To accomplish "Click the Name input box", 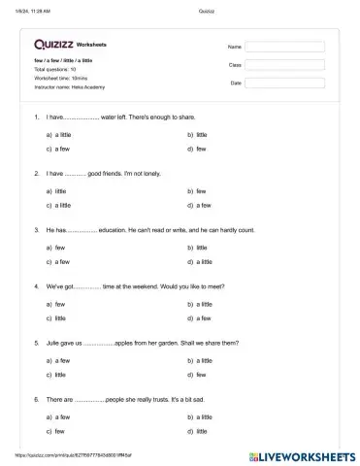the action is click(x=284, y=46).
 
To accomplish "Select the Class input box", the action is click(x=284, y=64).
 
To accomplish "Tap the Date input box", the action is click(x=284, y=83).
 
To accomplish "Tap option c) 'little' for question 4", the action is click(x=57, y=318).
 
